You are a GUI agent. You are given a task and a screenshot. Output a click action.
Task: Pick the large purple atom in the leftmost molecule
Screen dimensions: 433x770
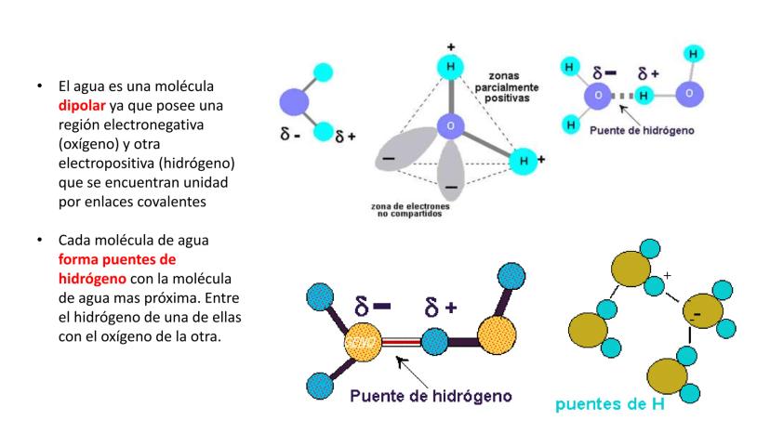[297, 100]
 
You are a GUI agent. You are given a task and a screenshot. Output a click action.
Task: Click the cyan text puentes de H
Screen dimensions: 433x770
[614, 402]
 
